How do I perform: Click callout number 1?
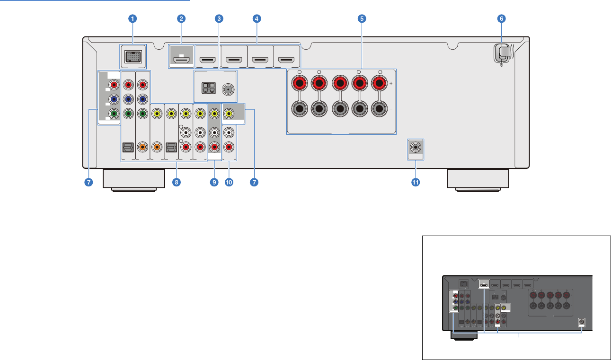[133, 19]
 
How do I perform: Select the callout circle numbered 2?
[181, 19]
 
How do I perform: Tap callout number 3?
[219, 19]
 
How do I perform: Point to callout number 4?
[256, 19]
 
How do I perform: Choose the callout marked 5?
[362, 19]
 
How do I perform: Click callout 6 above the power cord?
[501, 19]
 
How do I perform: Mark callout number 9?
[214, 183]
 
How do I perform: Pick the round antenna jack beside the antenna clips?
[229, 88]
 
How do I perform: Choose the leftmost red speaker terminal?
[298, 84]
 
